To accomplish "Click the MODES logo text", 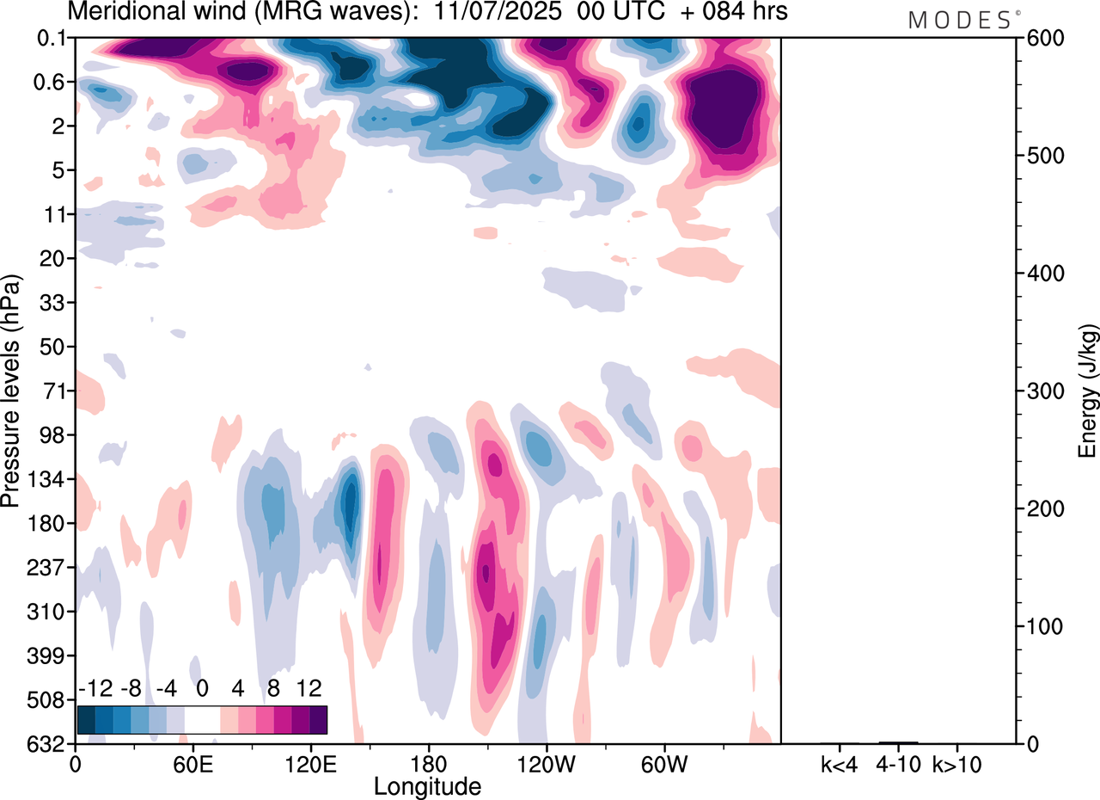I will point(959,20).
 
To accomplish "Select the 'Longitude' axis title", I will point(427,785).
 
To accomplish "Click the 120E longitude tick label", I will point(309,764).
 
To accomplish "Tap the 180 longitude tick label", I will point(427,764).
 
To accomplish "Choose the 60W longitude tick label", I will point(663,764).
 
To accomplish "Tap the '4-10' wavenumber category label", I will point(897,764).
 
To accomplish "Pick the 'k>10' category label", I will point(957,764).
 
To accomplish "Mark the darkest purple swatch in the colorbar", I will point(318,719).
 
